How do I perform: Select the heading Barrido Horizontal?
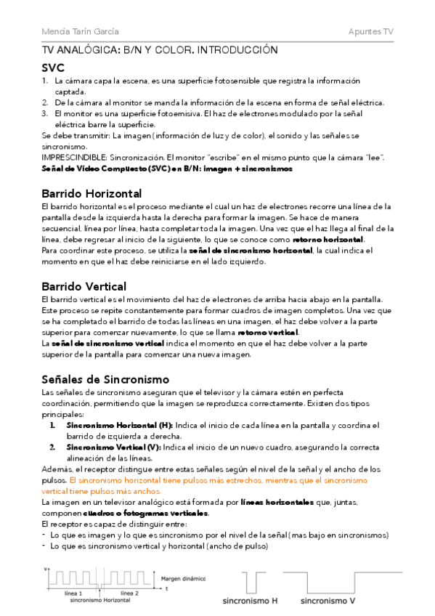pos(91,193)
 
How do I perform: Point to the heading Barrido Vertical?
pos(84,286)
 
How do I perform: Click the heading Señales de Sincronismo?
pos(105,379)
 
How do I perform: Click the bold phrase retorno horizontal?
pos(328,240)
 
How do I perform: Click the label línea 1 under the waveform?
pos(74,593)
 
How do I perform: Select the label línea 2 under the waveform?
pos(129,593)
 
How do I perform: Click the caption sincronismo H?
pos(249,601)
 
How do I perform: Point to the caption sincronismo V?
pos(328,601)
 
